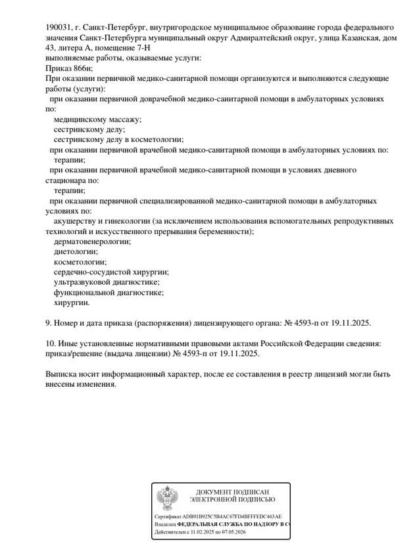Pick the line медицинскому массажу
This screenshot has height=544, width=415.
(97, 119)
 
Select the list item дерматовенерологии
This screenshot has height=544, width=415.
(92, 241)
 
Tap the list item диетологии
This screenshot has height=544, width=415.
(76, 251)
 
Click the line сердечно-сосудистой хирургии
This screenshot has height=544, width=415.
(111, 272)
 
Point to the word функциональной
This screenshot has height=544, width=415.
(84, 292)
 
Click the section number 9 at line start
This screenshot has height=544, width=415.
(48, 323)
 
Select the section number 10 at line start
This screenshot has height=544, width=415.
(50, 343)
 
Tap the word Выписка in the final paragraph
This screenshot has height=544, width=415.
(62, 374)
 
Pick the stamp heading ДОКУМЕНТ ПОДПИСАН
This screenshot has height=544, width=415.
(232, 492)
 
